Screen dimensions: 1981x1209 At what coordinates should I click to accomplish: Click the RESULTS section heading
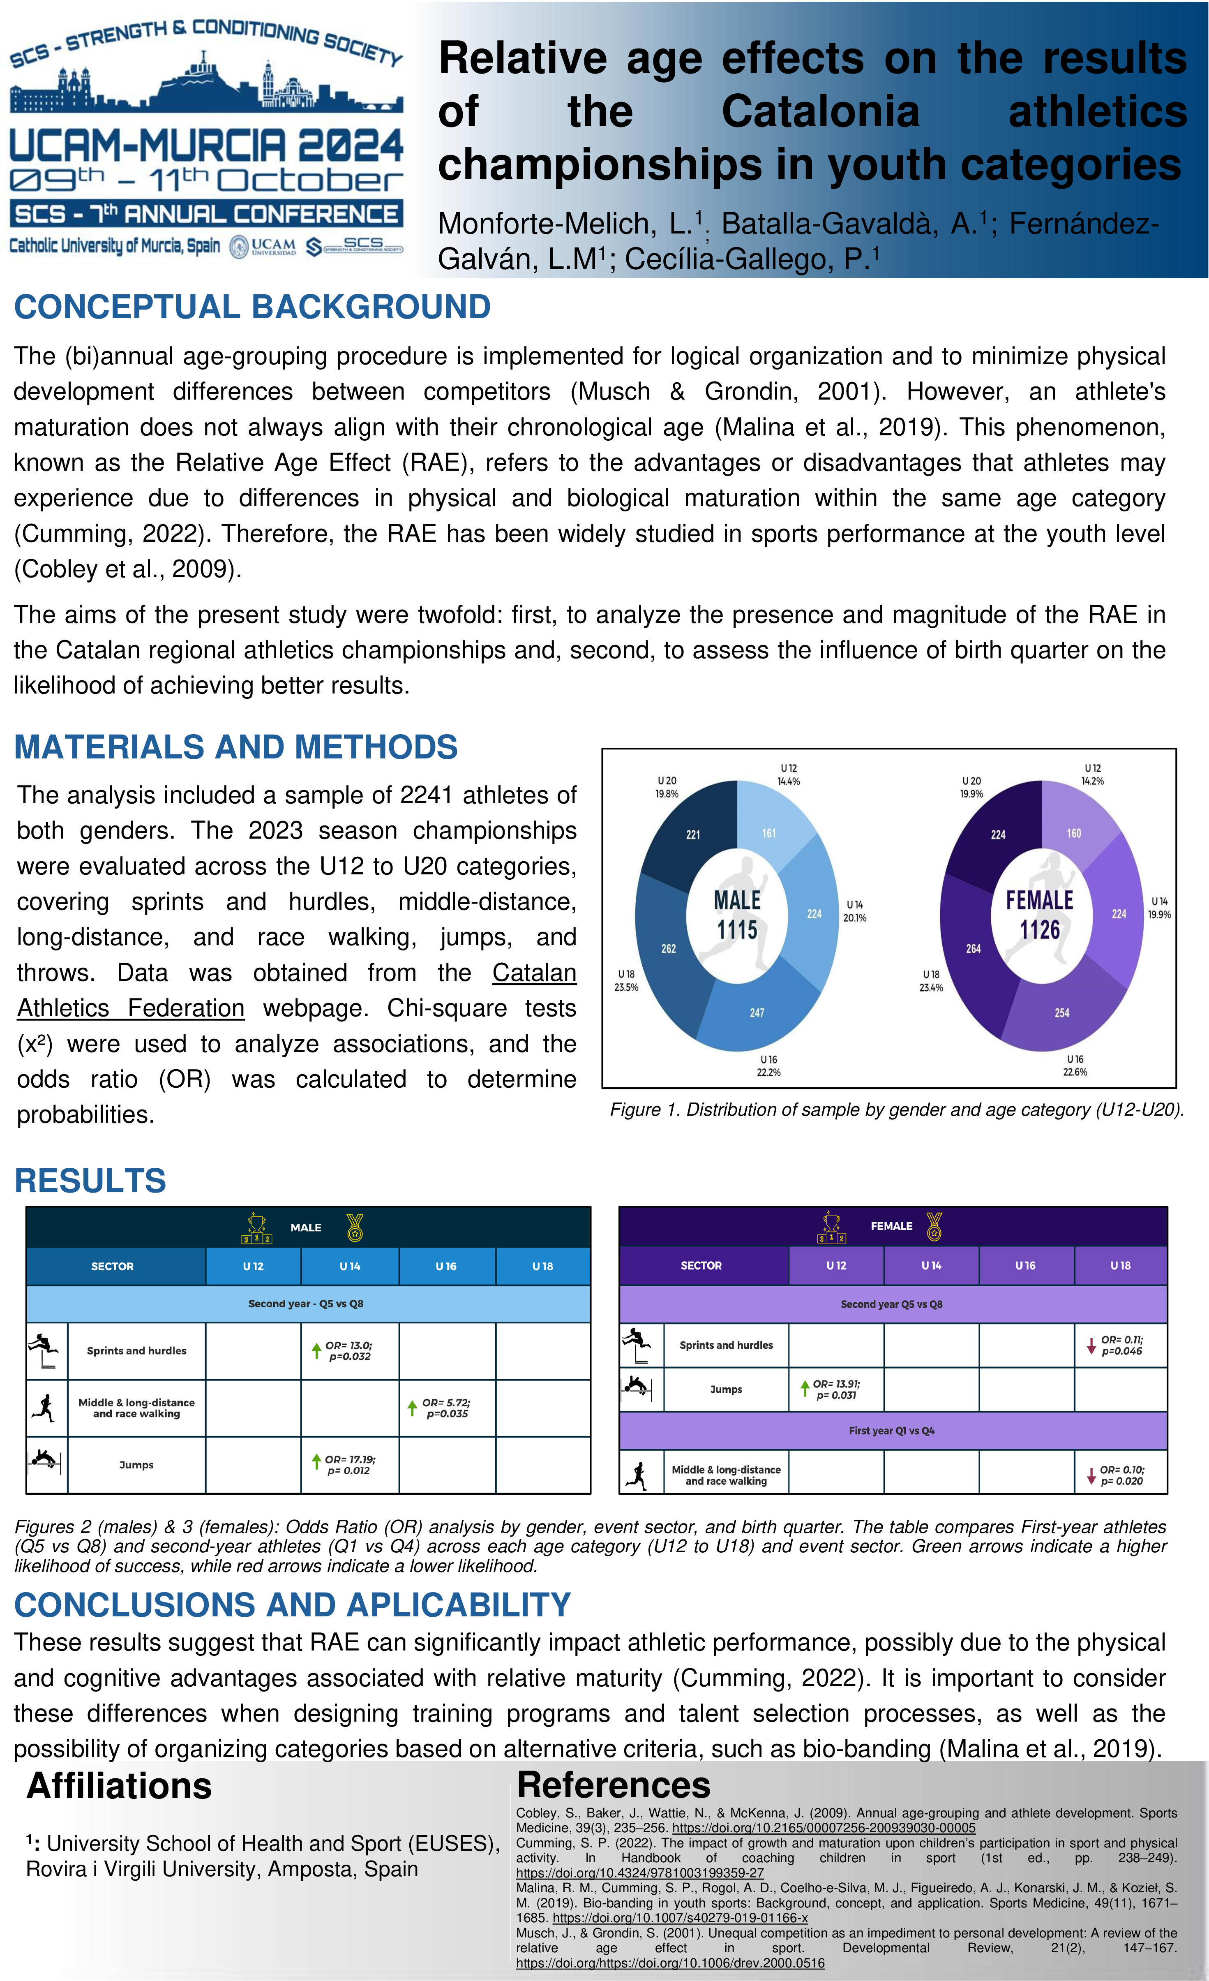[90, 1181]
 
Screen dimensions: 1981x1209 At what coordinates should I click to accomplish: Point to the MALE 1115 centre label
[737, 915]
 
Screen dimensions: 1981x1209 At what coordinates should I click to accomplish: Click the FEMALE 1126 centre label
[1039, 915]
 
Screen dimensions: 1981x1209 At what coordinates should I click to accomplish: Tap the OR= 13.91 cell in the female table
[836, 1389]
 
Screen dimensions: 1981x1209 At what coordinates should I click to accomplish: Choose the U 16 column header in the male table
[446, 1266]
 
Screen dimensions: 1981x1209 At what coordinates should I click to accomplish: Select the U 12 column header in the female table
[836, 1265]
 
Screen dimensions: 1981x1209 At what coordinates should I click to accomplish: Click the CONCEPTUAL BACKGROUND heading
[252, 307]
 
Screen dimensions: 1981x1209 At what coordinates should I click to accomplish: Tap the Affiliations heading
[119, 1787]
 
